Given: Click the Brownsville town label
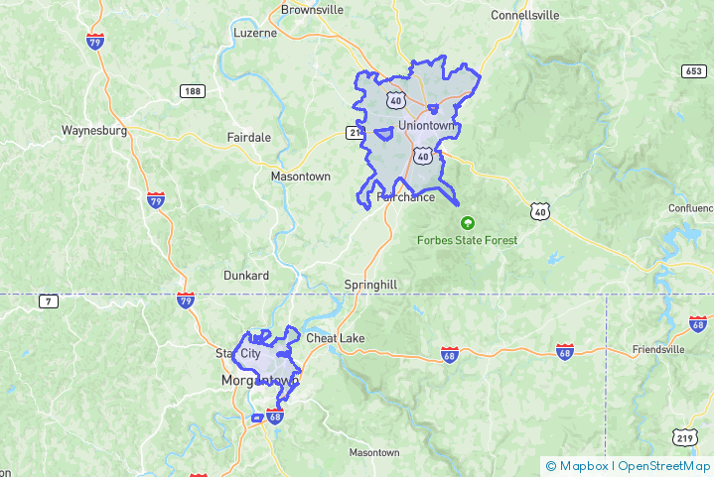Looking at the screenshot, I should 312,10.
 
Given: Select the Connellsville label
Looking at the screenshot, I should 525,15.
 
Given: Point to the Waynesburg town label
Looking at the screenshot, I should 94,130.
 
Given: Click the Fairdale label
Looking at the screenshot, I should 248,137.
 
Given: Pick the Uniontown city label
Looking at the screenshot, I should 427,126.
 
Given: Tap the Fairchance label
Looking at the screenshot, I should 406,197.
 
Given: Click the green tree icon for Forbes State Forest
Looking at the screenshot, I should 467,223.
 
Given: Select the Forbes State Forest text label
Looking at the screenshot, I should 467,240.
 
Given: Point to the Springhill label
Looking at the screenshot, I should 370,285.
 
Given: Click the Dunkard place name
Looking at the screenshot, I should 245,275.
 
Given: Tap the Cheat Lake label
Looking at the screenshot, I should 335,338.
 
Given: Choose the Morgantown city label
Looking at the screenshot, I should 260,380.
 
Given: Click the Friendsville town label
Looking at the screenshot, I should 658,350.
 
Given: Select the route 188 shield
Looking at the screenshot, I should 193,91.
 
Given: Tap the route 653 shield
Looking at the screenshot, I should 694,70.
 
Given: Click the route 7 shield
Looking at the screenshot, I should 47,300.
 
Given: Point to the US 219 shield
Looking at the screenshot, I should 683,437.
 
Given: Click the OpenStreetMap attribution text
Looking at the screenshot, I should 664,466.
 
